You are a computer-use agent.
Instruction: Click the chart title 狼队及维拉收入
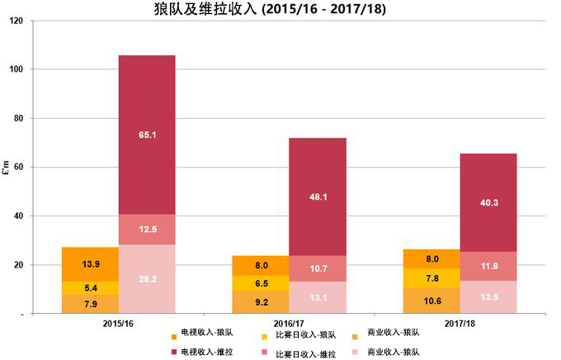tap(280, 9)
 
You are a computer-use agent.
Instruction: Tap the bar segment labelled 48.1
tap(318, 197)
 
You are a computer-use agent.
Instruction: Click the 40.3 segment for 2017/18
tap(488, 202)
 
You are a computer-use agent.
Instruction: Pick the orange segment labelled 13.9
tap(90, 264)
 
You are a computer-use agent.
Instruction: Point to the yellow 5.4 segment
tap(90, 287)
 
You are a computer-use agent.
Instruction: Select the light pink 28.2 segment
tap(147, 279)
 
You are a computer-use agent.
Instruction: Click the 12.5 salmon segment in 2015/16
tap(147, 229)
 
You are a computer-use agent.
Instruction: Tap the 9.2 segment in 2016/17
tap(260, 302)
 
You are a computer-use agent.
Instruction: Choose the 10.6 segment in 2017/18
tap(431, 301)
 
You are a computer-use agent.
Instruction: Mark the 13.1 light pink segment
tap(318, 298)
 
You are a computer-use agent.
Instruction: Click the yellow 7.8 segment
tap(431, 278)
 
